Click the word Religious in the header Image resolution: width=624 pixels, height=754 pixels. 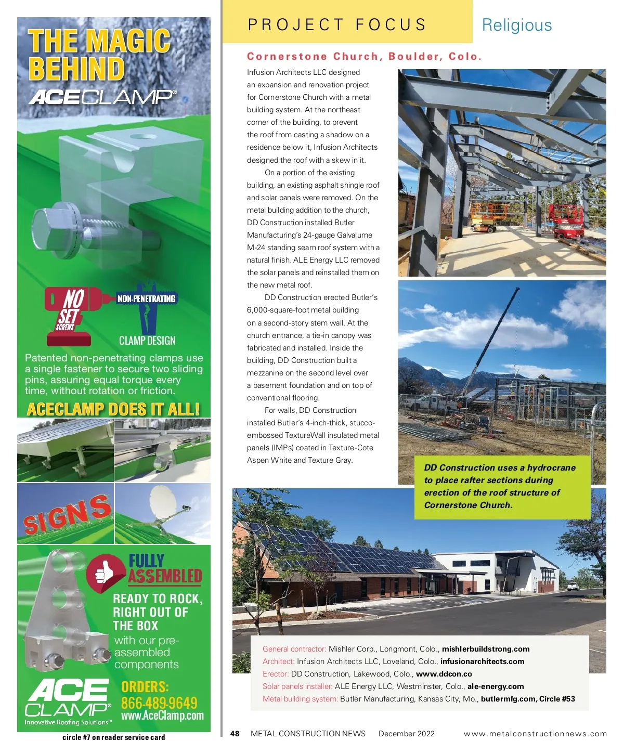tap(516, 25)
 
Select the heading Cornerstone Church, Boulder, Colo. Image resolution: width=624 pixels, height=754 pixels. tap(364, 56)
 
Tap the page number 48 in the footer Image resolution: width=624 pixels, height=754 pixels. tap(235, 734)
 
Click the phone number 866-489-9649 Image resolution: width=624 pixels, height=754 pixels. tap(159, 703)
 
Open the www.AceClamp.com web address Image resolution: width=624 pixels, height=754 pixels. tap(162, 716)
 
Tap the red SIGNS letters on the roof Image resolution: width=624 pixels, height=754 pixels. tap(67, 514)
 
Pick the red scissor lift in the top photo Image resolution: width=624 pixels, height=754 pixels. tap(568, 219)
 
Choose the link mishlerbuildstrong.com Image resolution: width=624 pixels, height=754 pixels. tap(486, 649)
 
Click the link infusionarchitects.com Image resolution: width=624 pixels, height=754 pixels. tap(482, 661)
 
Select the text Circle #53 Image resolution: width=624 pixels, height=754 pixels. tap(557, 699)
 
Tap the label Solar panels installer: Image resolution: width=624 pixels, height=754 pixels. tap(297, 686)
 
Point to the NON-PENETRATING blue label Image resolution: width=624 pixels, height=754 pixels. tap(147, 298)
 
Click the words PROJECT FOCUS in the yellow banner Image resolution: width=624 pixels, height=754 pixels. tap(336, 24)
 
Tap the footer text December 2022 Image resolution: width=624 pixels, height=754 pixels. tap(406, 734)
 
